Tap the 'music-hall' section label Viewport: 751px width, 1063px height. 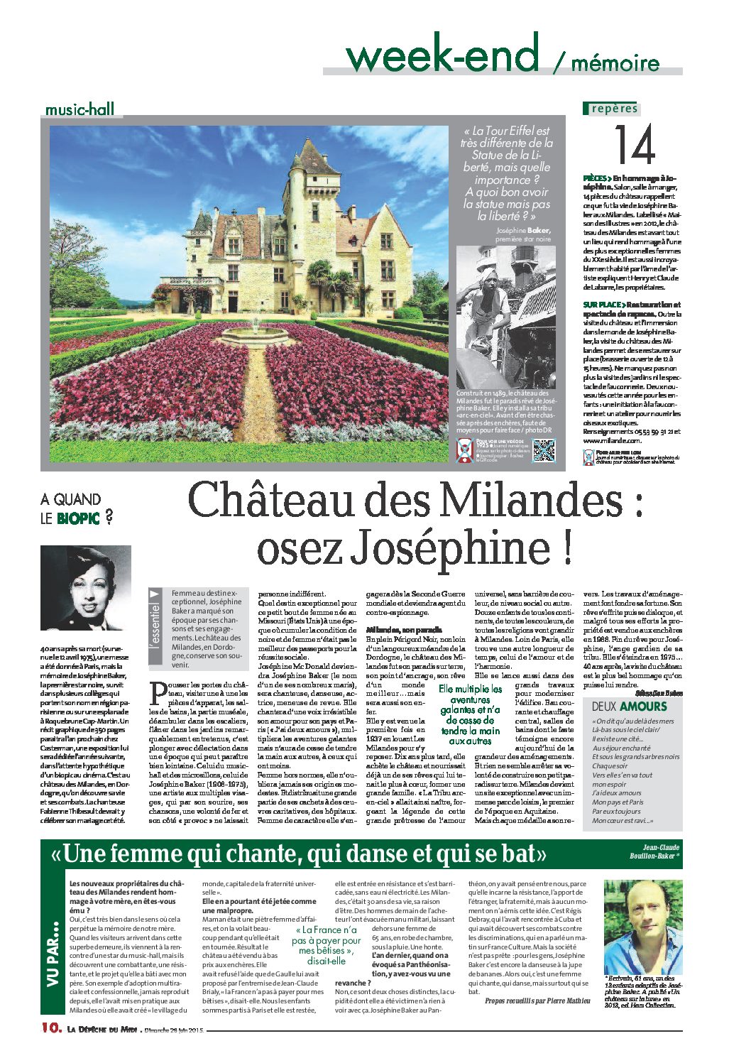[79, 110]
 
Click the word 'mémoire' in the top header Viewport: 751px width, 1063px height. [615, 63]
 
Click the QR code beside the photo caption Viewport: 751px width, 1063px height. [543, 451]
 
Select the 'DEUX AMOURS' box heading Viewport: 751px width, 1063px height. [630, 707]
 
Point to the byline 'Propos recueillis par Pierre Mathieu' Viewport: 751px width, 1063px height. [537, 1001]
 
